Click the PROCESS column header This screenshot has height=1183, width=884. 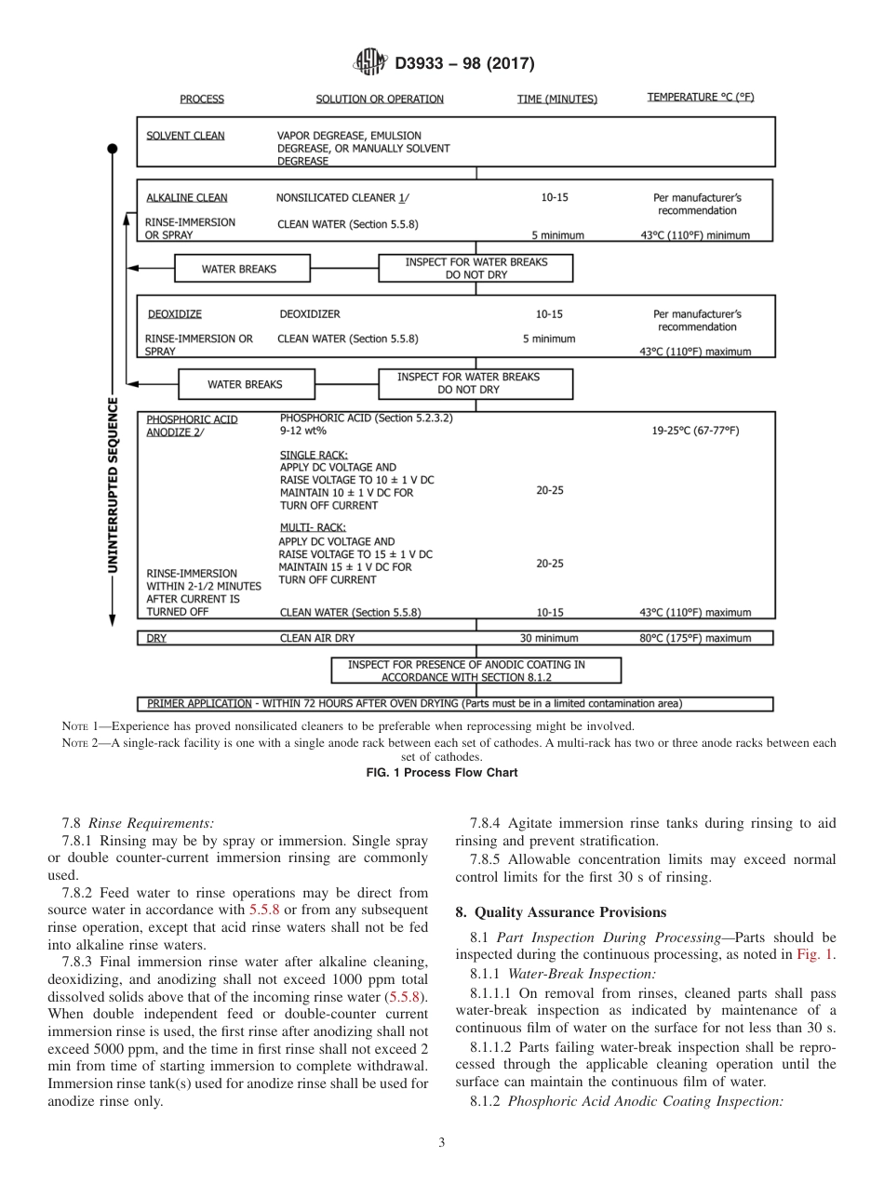click(202, 99)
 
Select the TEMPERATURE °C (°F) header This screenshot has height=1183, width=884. click(700, 98)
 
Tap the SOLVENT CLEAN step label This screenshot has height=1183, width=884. click(185, 136)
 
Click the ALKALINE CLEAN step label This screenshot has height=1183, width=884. click(186, 198)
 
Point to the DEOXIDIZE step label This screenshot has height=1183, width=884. click(174, 314)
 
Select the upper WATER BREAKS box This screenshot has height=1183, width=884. click(239, 270)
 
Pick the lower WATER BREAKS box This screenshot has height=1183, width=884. click(245, 384)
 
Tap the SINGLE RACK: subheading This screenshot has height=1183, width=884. click(307, 455)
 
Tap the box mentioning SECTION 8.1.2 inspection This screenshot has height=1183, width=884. click(476, 671)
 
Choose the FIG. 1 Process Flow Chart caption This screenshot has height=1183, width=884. click(442, 772)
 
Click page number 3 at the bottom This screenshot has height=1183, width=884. click(442, 1142)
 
